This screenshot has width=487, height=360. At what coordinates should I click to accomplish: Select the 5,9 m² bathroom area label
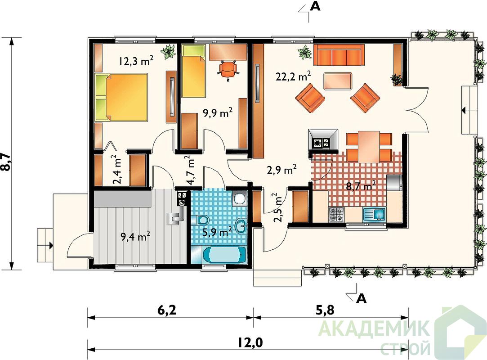tap(217, 232)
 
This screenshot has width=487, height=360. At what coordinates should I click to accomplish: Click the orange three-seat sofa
tap(339, 55)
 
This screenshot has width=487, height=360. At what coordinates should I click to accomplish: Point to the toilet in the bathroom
tap(201, 220)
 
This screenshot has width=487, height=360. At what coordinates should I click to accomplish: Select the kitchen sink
tap(375, 215)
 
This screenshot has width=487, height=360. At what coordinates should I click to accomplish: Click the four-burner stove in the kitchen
tap(337, 215)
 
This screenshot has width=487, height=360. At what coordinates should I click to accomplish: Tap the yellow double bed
tap(121, 97)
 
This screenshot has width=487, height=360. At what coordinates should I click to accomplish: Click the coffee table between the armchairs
tap(338, 81)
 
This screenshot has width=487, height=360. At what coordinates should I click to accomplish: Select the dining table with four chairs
tap(369, 147)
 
